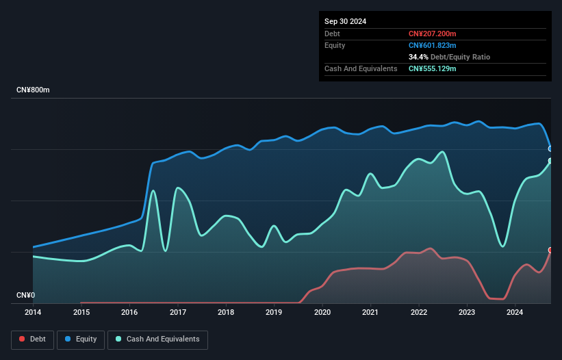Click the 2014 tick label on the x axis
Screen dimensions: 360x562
pos(33,313)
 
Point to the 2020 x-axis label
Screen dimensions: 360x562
pos(322,313)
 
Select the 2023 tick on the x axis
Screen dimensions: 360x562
pos(467,313)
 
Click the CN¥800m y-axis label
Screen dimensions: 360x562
pos(33,90)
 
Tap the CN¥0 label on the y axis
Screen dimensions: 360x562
pos(25,296)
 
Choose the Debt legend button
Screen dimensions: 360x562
pos(32,339)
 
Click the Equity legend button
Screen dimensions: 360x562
pos(81,339)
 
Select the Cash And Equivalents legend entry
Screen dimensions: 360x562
pos(157,339)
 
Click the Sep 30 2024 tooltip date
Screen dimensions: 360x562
pos(345,21)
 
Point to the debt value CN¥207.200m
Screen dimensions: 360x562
pos(433,34)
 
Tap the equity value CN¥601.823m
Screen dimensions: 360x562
pos(433,45)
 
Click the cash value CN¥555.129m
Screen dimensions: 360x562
pos(433,68)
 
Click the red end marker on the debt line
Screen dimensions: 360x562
pos(550,250)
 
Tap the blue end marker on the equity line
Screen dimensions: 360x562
pos(550,149)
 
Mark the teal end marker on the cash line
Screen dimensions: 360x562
pos(550,161)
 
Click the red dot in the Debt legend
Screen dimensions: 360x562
pos(23,339)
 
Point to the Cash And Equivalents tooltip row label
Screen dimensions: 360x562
pos(361,68)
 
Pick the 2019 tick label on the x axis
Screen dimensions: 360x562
pos(274,313)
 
